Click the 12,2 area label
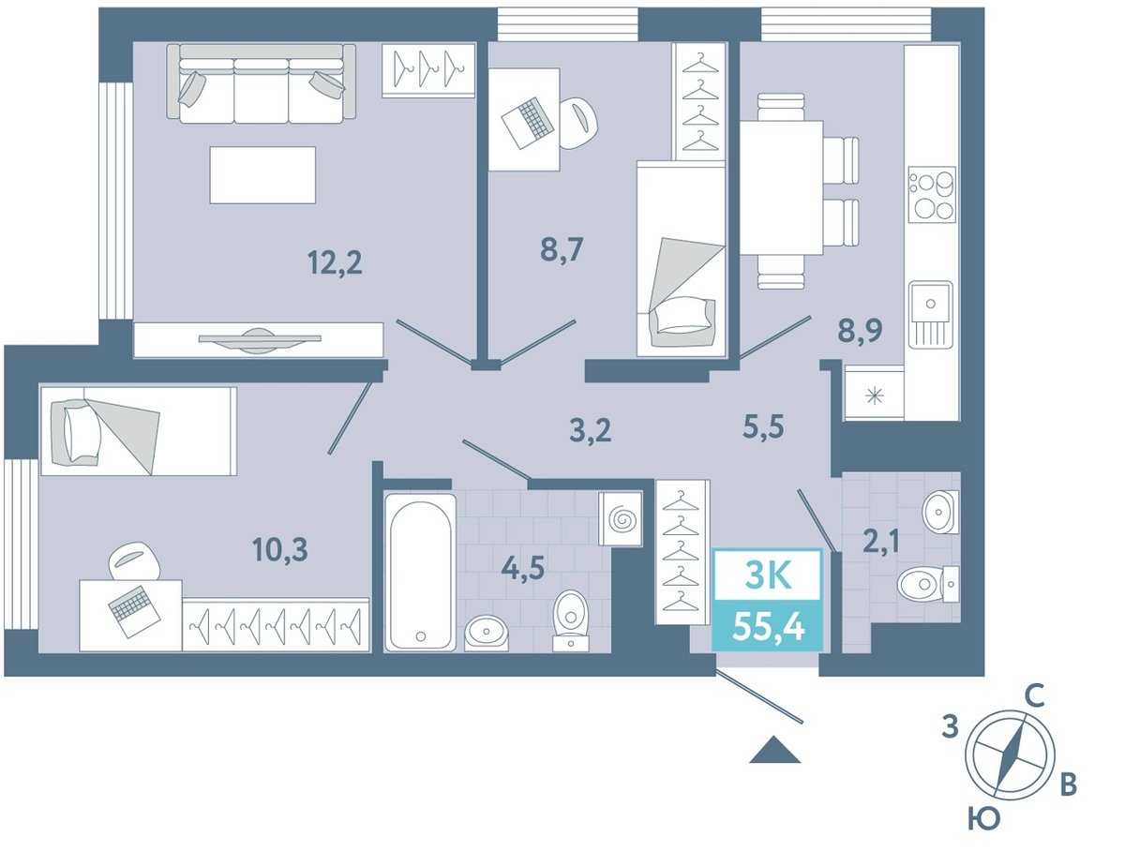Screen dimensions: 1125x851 click(x=335, y=262)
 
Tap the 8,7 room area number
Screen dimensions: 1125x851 click(x=562, y=250)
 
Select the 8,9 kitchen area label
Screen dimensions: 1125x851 click(x=860, y=331)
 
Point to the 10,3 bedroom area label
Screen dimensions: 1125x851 click(x=279, y=550)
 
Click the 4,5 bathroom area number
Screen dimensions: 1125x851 click(x=522, y=568)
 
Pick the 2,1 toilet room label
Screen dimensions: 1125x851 click(x=880, y=542)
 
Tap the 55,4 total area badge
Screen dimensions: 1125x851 click(x=768, y=626)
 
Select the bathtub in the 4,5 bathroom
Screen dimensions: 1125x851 click(x=420, y=573)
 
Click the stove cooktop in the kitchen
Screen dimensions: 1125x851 click(x=932, y=195)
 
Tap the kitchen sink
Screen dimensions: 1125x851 click(x=931, y=314)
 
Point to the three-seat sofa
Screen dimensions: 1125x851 click(x=262, y=83)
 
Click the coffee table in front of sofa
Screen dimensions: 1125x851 click(x=262, y=175)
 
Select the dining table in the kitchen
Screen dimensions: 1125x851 click(x=781, y=187)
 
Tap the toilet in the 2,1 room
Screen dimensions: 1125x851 click(x=928, y=584)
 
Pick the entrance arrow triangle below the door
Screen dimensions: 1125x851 click(x=775, y=751)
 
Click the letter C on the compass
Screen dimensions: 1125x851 click(x=1034, y=696)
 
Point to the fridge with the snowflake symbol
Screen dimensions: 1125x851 click(x=875, y=394)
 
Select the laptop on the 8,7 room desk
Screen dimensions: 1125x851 click(x=528, y=124)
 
